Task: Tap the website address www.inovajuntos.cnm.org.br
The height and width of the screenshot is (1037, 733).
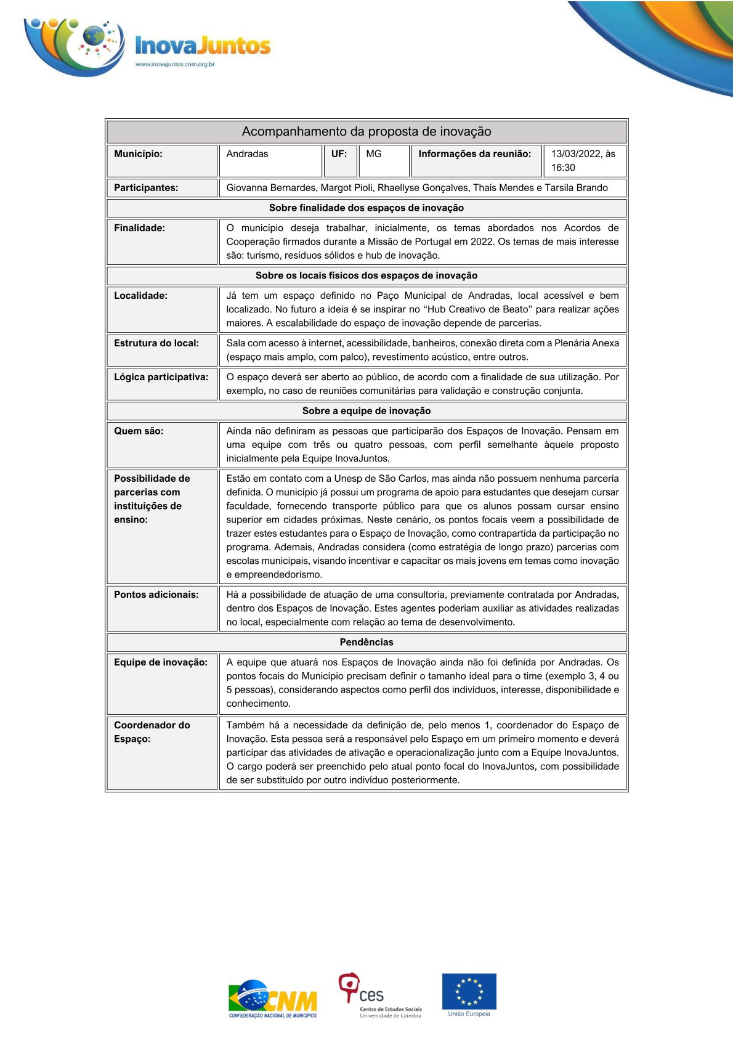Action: click(174, 64)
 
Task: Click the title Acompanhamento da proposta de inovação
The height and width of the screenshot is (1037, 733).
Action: click(366, 131)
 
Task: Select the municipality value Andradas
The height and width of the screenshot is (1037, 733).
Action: click(248, 154)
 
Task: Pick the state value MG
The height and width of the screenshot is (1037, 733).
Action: click(374, 154)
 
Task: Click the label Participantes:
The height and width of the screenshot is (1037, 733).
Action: click(146, 188)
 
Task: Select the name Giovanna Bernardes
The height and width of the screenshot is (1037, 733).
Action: click(271, 188)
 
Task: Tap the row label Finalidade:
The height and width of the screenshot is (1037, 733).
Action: click(140, 228)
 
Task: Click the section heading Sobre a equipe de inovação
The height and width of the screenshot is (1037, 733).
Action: click(366, 411)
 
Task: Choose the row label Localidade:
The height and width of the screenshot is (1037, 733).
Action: click(141, 296)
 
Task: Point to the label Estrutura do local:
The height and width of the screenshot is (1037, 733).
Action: click(156, 343)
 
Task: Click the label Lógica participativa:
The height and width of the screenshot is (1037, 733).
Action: click(161, 377)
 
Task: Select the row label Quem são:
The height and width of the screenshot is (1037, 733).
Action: click(139, 431)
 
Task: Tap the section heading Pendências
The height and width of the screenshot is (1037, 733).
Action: click(366, 642)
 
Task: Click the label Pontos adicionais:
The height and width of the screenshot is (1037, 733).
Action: click(156, 595)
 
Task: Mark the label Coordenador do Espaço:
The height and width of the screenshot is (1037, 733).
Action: click(152, 732)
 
